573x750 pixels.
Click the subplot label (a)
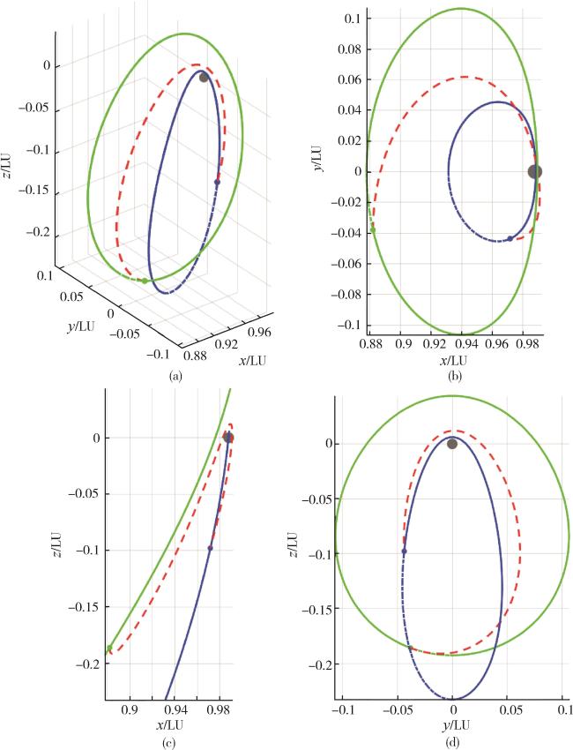(175, 376)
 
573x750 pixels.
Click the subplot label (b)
(455, 377)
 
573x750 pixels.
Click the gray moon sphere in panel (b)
(534, 172)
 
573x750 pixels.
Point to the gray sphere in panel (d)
(452, 443)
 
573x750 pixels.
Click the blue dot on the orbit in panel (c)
(210, 549)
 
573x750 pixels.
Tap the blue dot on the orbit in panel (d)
(404, 551)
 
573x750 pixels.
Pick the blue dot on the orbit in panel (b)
(510, 239)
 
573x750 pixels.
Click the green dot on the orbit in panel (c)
(109, 649)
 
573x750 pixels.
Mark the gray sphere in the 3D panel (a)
(204, 78)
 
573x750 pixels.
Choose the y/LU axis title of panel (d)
(453, 725)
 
